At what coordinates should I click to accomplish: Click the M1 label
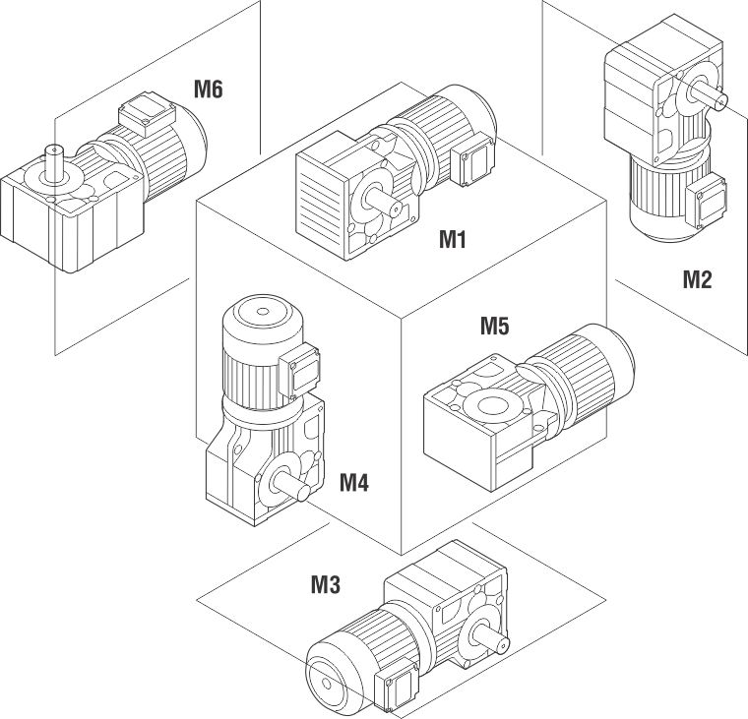452,238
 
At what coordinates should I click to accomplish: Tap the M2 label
697,279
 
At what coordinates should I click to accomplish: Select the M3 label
326,585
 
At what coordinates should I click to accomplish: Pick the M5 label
495,327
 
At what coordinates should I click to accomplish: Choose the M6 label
208,90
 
